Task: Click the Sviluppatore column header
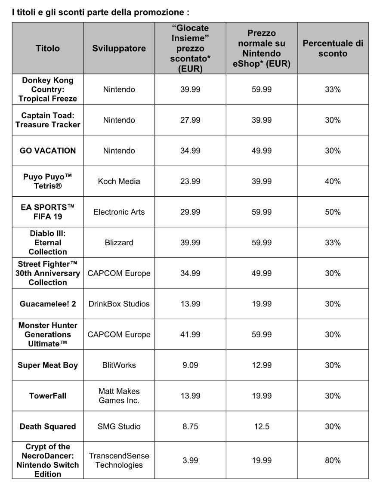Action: pos(119,48)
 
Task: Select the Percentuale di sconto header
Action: pos(333,48)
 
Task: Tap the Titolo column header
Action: pos(48,48)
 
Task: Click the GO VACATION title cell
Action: pos(48,151)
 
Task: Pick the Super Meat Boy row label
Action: pos(48,365)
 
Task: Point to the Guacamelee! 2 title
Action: pos(48,304)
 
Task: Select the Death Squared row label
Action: pos(48,426)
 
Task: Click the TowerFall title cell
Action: pos(48,396)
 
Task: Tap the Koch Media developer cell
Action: pos(119,181)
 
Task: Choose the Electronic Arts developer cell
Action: pos(119,212)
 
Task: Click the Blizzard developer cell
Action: pos(119,243)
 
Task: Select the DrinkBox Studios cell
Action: pos(119,304)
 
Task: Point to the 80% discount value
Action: pos(333,460)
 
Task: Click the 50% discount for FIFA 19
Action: pos(333,212)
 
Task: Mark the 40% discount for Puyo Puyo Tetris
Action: pos(333,181)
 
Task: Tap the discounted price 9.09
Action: pos(190,365)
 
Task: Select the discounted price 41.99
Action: pos(190,334)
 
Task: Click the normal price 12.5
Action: pos(262,426)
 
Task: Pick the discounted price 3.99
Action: pos(190,460)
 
